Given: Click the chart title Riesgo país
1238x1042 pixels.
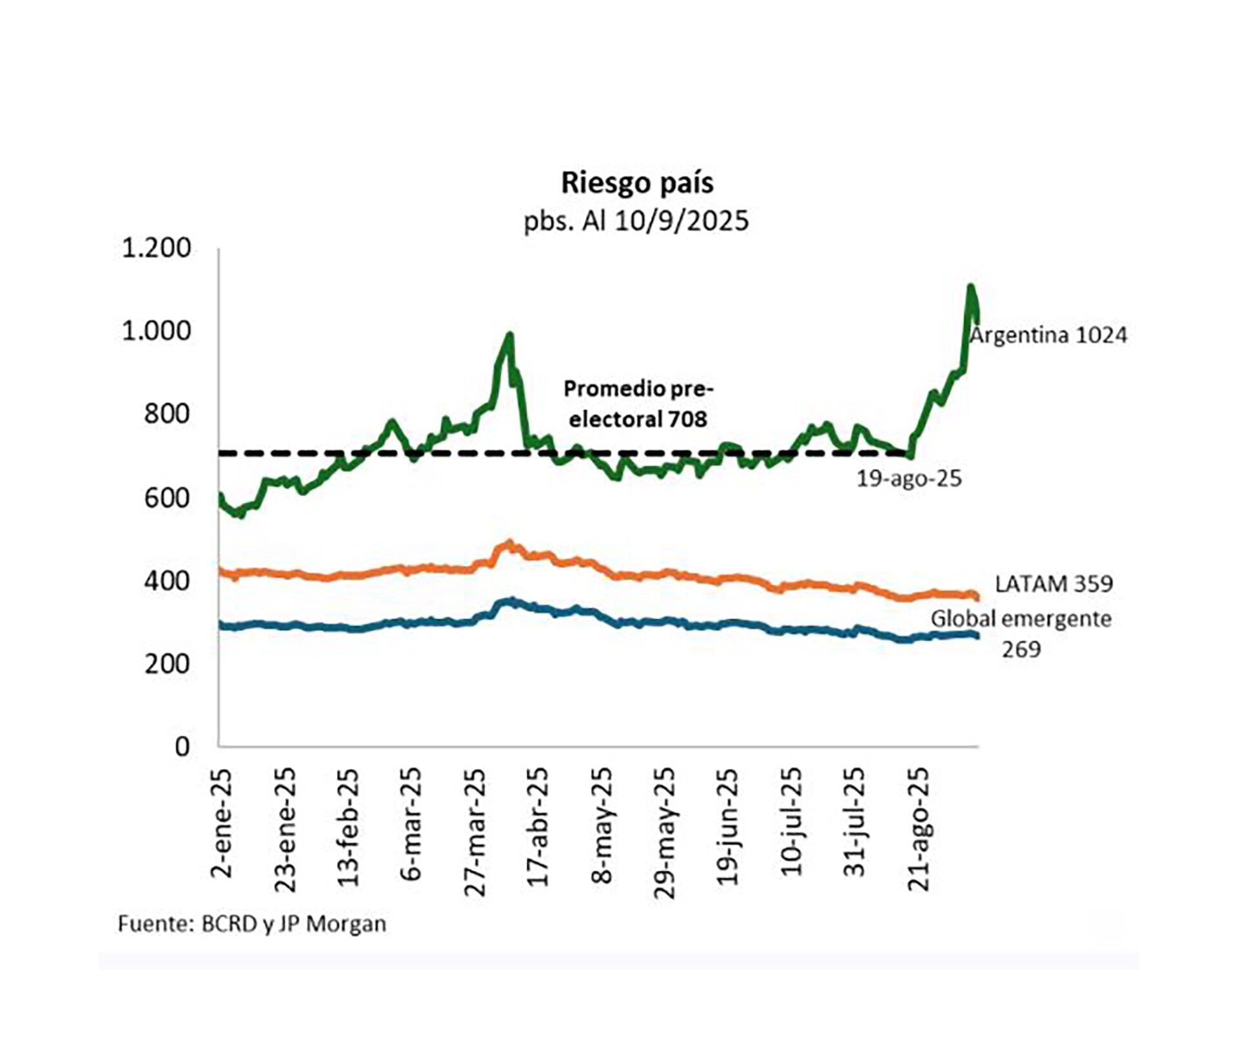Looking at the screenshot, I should [x=637, y=182].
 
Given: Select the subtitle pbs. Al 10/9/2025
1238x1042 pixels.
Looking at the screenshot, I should [x=636, y=221].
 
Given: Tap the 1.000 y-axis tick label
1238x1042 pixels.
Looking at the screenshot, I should [x=157, y=331].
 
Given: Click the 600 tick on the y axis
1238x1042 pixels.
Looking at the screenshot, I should [x=167, y=498].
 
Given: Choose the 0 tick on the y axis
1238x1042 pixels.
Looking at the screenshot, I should [x=182, y=747].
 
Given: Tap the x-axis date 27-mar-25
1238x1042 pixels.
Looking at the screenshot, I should [x=475, y=832].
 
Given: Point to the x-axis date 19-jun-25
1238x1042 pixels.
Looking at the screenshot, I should [x=728, y=827].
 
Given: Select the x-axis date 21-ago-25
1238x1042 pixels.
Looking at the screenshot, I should [x=918, y=829].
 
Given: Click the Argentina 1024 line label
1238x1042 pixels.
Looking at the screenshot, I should [x=1049, y=335].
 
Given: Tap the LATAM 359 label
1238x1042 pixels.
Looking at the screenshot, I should [x=1054, y=584].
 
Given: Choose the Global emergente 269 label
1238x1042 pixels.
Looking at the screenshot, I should [x=1021, y=633].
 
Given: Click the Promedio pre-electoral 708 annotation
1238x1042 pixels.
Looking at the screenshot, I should [x=638, y=404].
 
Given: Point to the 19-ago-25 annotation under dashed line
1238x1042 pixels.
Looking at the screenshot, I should [x=909, y=478].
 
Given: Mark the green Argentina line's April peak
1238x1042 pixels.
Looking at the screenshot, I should [x=509, y=335].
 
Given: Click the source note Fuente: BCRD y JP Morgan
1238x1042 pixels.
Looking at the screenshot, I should [x=251, y=924].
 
